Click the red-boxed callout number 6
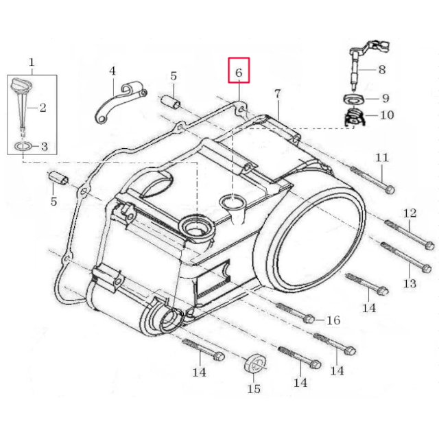[x=239, y=71]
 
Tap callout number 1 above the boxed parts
[x=32, y=63]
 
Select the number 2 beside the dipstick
[x=43, y=107]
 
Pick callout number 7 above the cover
[x=277, y=93]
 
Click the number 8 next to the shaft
[x=381, y=69]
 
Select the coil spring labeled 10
[x=354, y=117]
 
